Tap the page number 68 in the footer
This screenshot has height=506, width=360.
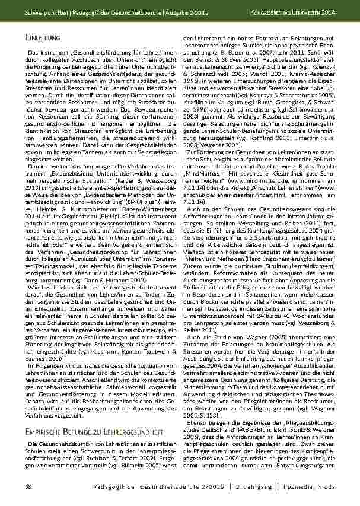click(x=28, y=486)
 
